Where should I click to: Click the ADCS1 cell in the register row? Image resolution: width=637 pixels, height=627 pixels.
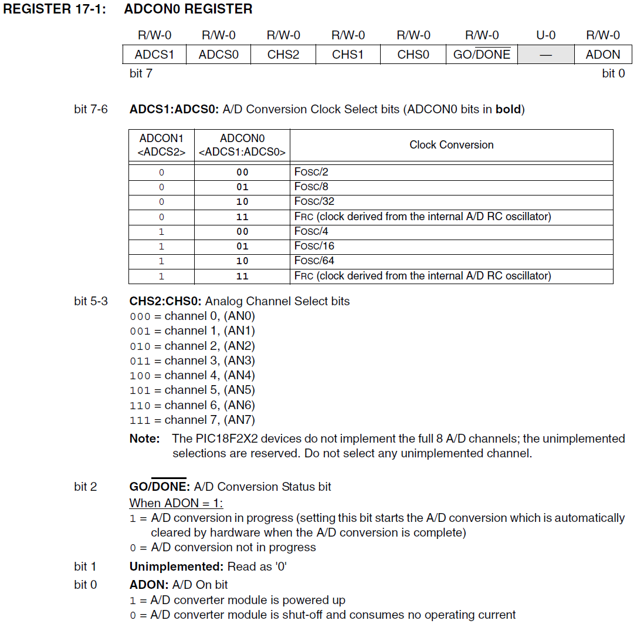[154, 55]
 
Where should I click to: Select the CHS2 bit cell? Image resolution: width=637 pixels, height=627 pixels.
[283, 55]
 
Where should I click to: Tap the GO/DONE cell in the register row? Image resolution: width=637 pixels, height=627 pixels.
[482, 55]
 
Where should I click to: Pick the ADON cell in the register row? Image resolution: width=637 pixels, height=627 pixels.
[603, 55]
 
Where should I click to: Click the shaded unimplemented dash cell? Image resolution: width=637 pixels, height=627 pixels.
[545, 55]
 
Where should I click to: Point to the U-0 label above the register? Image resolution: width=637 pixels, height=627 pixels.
[545, 35]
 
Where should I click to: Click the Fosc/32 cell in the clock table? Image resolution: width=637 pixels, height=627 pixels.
[314, 201]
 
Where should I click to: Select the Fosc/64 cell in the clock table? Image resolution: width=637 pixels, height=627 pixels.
[314, 261]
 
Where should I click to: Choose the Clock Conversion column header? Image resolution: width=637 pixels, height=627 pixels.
[451, 145]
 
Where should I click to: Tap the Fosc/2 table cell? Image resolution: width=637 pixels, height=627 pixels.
[311, 172]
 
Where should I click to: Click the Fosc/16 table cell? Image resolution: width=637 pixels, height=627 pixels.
[314, 246]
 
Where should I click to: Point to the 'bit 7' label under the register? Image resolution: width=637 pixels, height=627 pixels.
[141, 73]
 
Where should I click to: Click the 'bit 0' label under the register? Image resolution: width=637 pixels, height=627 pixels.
[614, 73]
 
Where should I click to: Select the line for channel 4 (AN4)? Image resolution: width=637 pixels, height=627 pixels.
[192, 375]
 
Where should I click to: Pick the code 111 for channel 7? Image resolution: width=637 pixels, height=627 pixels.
[140, 420]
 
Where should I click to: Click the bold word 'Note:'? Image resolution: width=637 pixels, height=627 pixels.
[144, 439]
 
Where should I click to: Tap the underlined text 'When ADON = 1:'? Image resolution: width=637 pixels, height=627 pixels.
[176, 503]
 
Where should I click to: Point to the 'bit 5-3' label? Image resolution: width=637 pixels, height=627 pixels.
[91, 301]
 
